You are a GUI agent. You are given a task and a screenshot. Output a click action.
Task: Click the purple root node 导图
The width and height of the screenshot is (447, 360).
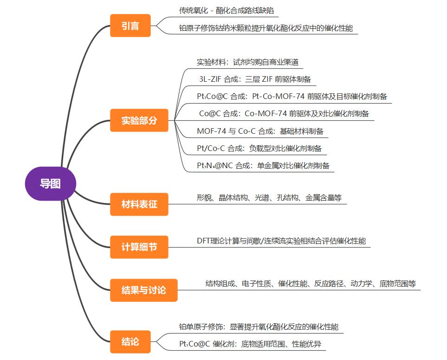click(x=50, y=183)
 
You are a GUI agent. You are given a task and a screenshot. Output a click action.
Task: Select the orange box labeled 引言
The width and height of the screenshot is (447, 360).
click(x=130, y=26)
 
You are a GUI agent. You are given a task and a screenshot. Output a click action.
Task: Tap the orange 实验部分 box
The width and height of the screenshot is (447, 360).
click(x=139, y=121)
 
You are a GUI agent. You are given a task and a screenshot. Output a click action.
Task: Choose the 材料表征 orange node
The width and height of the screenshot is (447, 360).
click(x=139, y=204)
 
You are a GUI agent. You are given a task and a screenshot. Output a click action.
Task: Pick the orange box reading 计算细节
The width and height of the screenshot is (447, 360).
click(x=139, y=247)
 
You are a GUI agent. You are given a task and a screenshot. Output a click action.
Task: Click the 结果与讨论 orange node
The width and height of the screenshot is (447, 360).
click(x=143, y=290)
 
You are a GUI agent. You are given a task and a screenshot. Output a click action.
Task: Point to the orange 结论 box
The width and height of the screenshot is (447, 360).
click(x=130, y=342)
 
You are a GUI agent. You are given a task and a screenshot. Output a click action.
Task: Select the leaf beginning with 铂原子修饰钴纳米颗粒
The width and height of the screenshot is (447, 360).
click(x=266, y=28)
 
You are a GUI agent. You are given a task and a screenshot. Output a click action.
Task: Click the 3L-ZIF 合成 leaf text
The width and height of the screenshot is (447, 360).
click(x=255, y=79)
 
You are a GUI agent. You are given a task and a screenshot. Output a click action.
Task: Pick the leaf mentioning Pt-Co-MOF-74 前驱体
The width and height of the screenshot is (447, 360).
click(x=292, y=97)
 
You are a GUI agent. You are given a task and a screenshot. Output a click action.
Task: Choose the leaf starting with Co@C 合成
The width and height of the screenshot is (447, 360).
click(x=284, y=113)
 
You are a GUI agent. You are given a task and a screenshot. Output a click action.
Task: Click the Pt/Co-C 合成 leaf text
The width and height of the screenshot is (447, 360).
click(x=259, y=149)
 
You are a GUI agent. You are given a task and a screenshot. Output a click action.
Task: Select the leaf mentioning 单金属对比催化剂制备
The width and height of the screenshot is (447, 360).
click(x=263, y=165)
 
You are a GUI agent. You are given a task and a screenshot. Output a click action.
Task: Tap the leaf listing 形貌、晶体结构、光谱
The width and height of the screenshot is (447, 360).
click(x=269, y=198)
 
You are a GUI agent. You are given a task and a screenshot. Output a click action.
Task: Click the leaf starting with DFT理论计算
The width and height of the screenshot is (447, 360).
click(x=281, y=241)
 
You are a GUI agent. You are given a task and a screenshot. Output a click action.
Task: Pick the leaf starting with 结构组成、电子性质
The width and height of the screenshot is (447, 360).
click(x=311, y=283)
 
